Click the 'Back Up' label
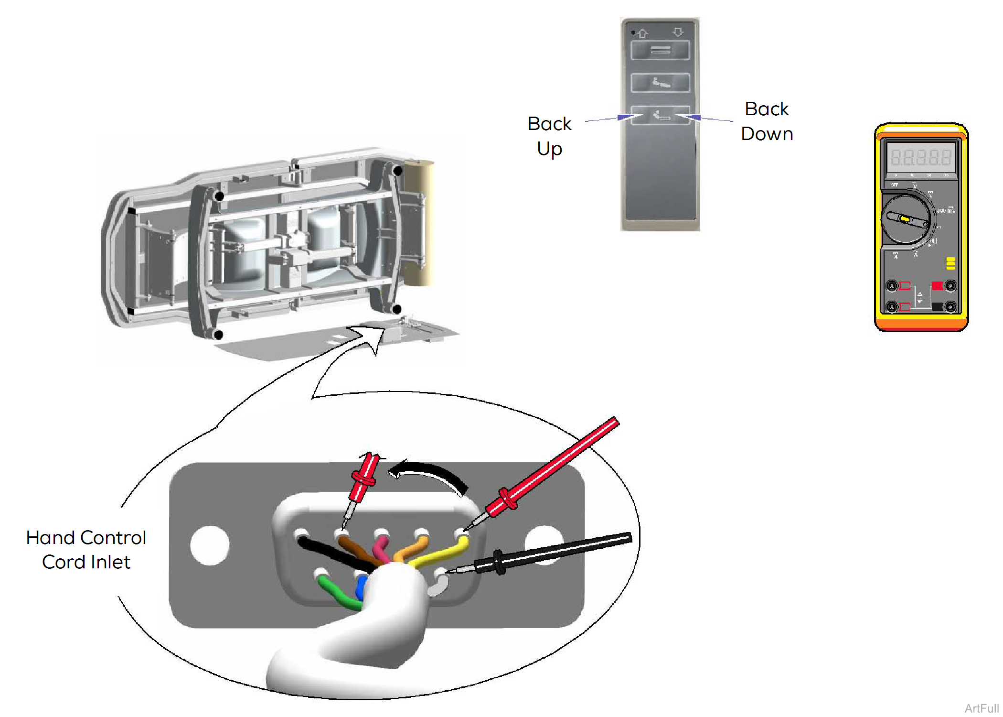[549, 136]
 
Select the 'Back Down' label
[767, 121]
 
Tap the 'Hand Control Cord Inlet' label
[86, 550]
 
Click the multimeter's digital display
[921, 157]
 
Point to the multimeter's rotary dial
[906, 219]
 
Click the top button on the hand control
[660, 50]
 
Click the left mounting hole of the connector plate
[209, 545]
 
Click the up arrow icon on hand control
[643, 33]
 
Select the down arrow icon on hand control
[678, 32]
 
